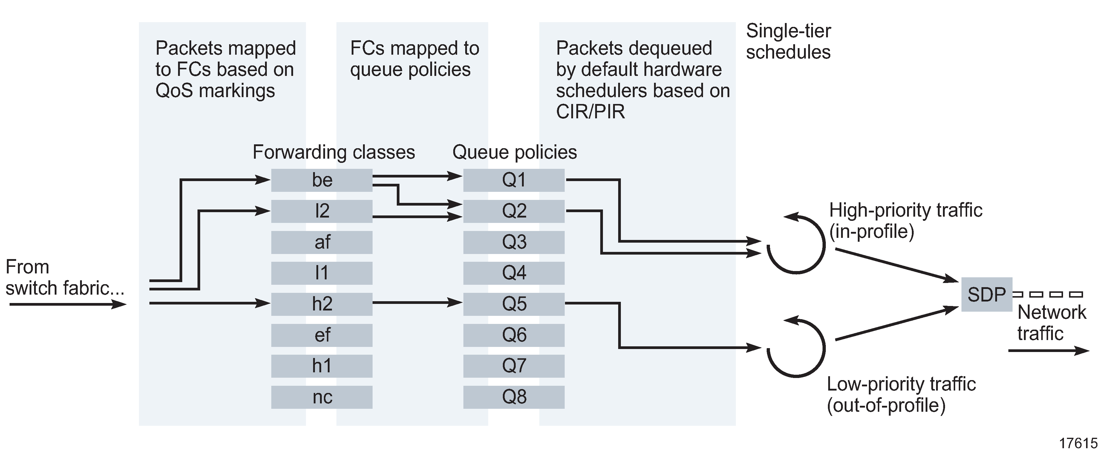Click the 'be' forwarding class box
321,180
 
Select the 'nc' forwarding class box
321,397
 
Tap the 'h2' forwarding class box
321,304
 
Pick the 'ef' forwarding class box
321,335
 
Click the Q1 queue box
514,180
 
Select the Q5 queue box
514,304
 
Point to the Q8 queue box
514,397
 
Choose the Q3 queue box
514,242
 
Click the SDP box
986,294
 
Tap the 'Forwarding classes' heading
334,152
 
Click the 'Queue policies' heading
514,152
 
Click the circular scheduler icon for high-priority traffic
796,244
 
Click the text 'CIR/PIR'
590,112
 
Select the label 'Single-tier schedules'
788,42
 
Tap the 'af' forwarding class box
321,242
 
